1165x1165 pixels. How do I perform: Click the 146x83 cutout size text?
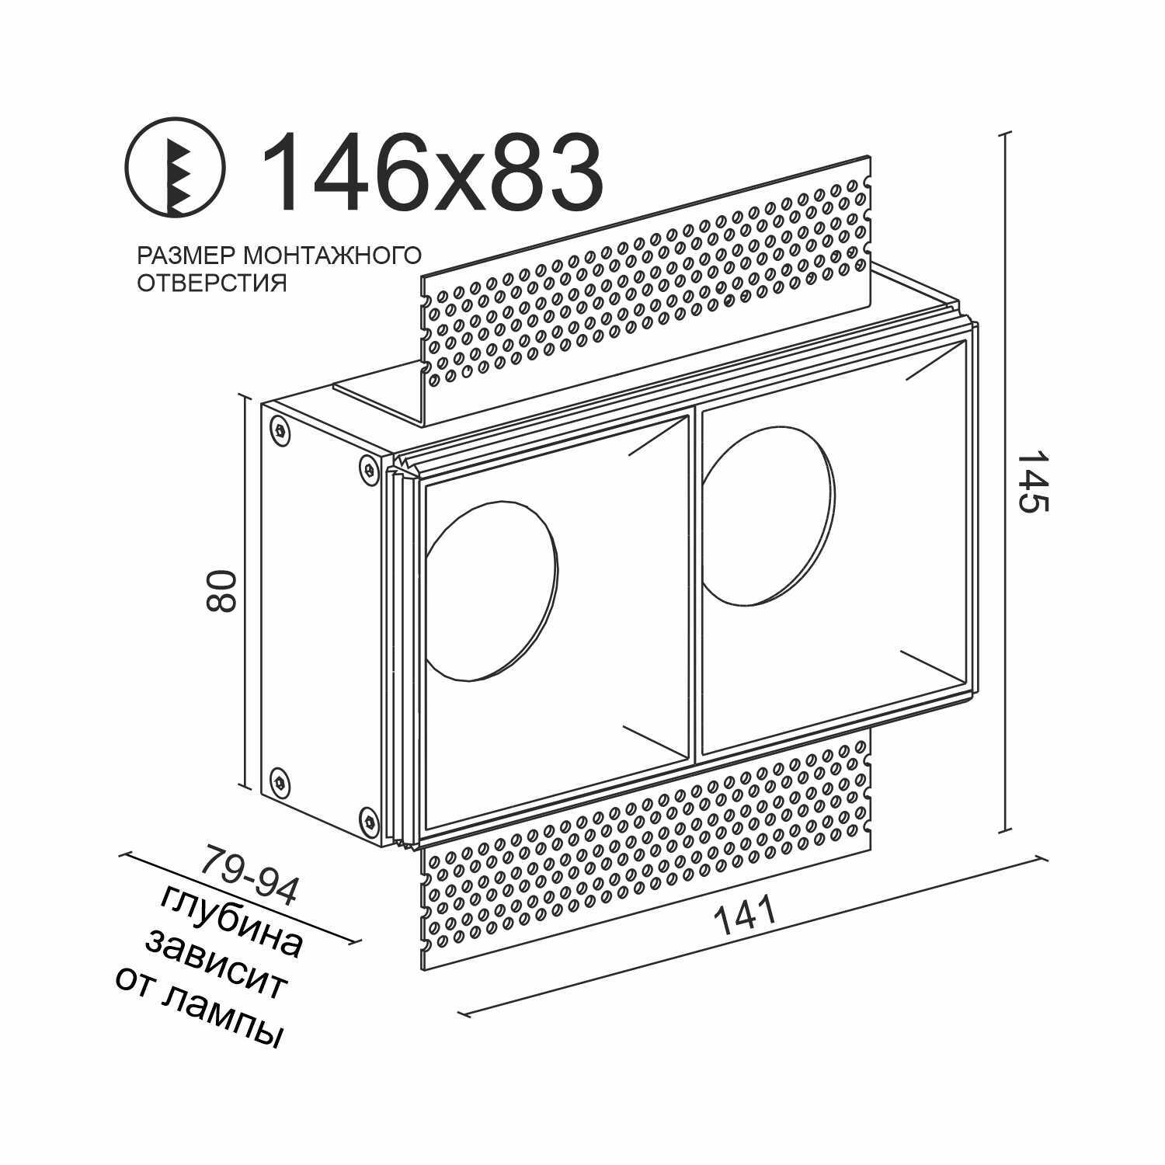(x=433, y=172)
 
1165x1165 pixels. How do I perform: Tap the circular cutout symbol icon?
(x=176, y=168)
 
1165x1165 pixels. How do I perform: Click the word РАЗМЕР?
(x=186, y=256)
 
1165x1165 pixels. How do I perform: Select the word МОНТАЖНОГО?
(x=332, y=256)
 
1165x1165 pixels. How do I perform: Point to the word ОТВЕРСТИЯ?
(x=212, y=283)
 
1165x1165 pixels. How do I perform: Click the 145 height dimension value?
(x=1034, y=482)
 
